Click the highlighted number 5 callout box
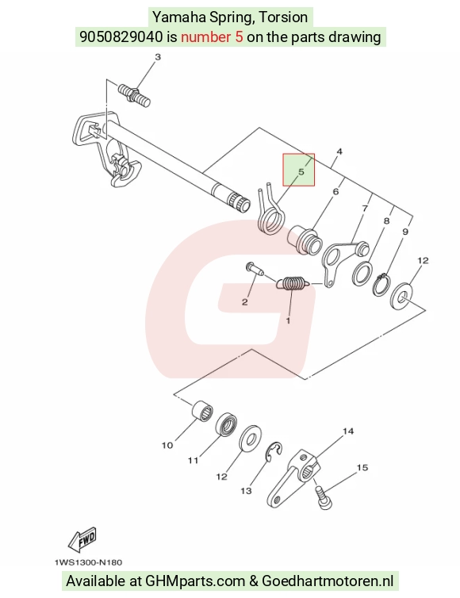point(298,170)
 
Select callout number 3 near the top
point(158,57)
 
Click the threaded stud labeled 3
point(134,95)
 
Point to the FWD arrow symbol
point(82,539)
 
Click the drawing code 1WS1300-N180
point(89,562)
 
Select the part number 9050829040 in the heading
point(121,37)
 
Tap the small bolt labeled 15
point(324,498)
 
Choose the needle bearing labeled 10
point(201,411)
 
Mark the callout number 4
point(339,151)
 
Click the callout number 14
point(348,431)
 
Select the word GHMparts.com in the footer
point(195,581)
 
